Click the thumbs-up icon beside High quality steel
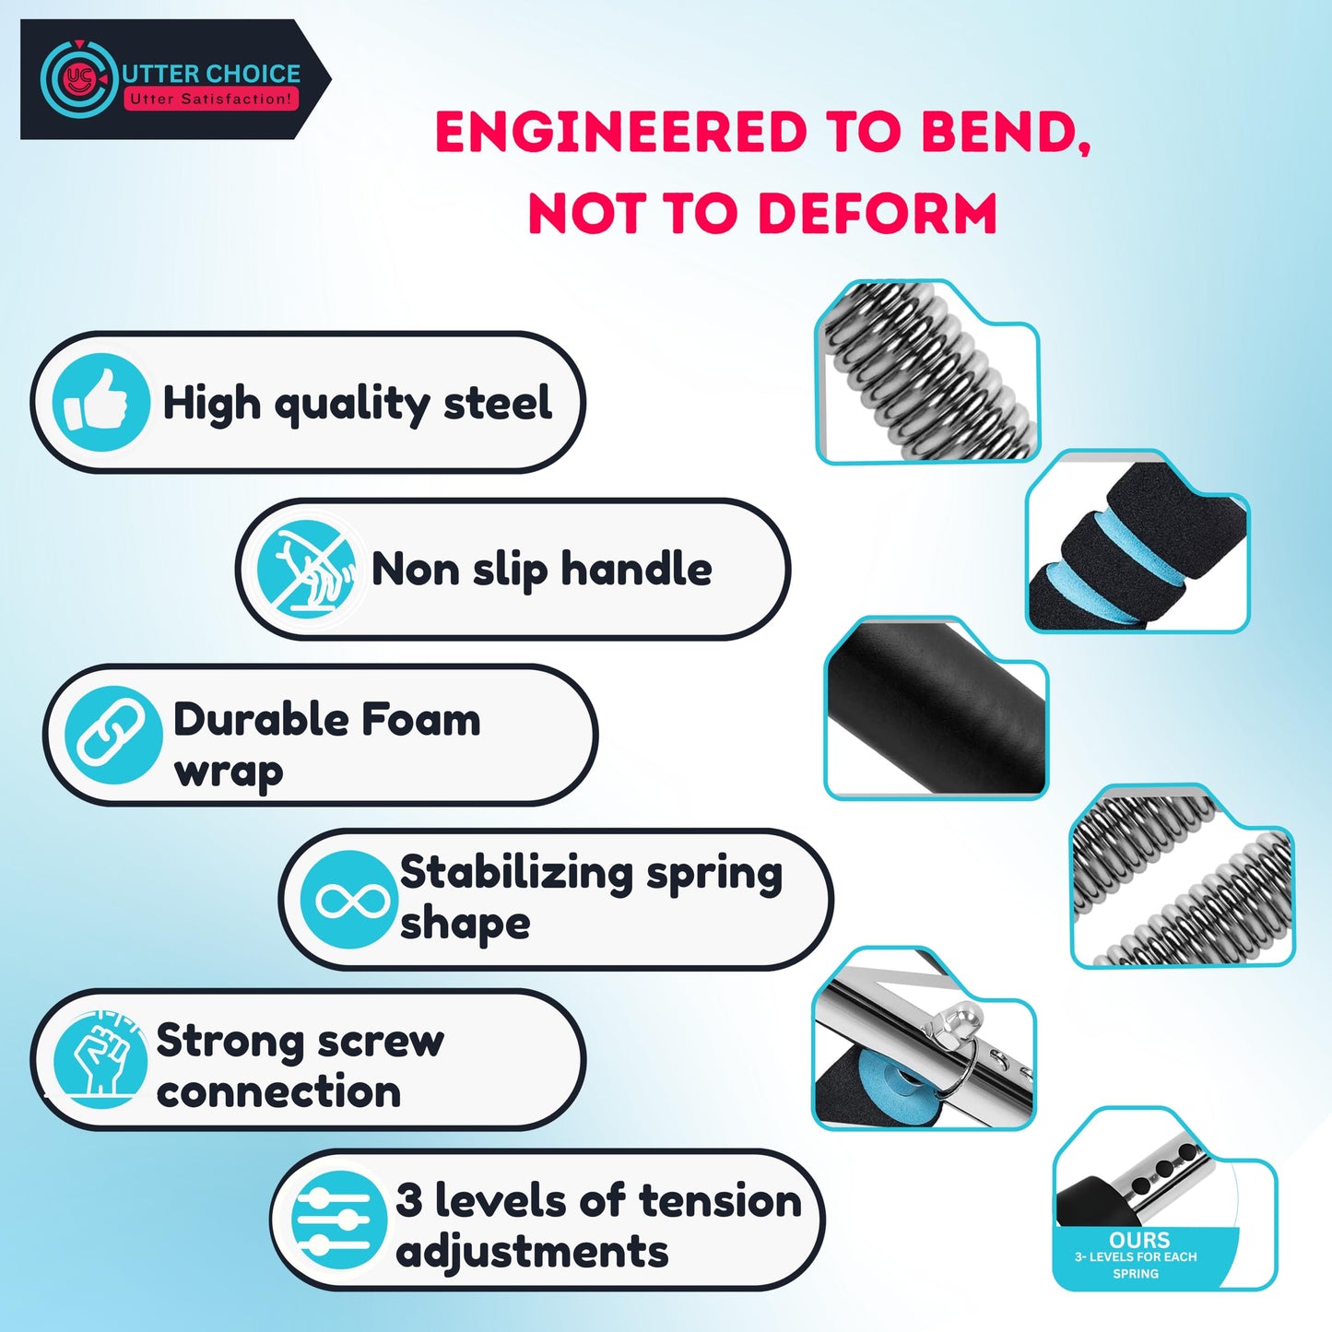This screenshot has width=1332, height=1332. [x=100, y=402]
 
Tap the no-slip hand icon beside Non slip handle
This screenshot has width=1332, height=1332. [x=307, y=570]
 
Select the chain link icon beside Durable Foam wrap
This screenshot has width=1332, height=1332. [x=112, y=735]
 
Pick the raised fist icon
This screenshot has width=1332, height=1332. [x=100, y=1060]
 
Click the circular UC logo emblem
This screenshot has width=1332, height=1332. [x=78, y=78]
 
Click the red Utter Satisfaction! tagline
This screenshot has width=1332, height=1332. [x=211, y=99]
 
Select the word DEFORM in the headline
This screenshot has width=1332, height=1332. [x=878, y=213]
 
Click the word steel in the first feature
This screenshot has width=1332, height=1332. [x=498, y=402]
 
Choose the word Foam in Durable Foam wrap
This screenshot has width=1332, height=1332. [x=420, y=719]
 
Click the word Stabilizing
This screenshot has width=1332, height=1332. [x=515, y=875]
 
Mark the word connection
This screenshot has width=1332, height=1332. [x=278, y=1092]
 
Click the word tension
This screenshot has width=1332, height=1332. [x=720, y=1201]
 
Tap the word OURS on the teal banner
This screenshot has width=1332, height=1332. [x=1139, y=1240]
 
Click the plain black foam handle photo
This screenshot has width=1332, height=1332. [x=936, y=708]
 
